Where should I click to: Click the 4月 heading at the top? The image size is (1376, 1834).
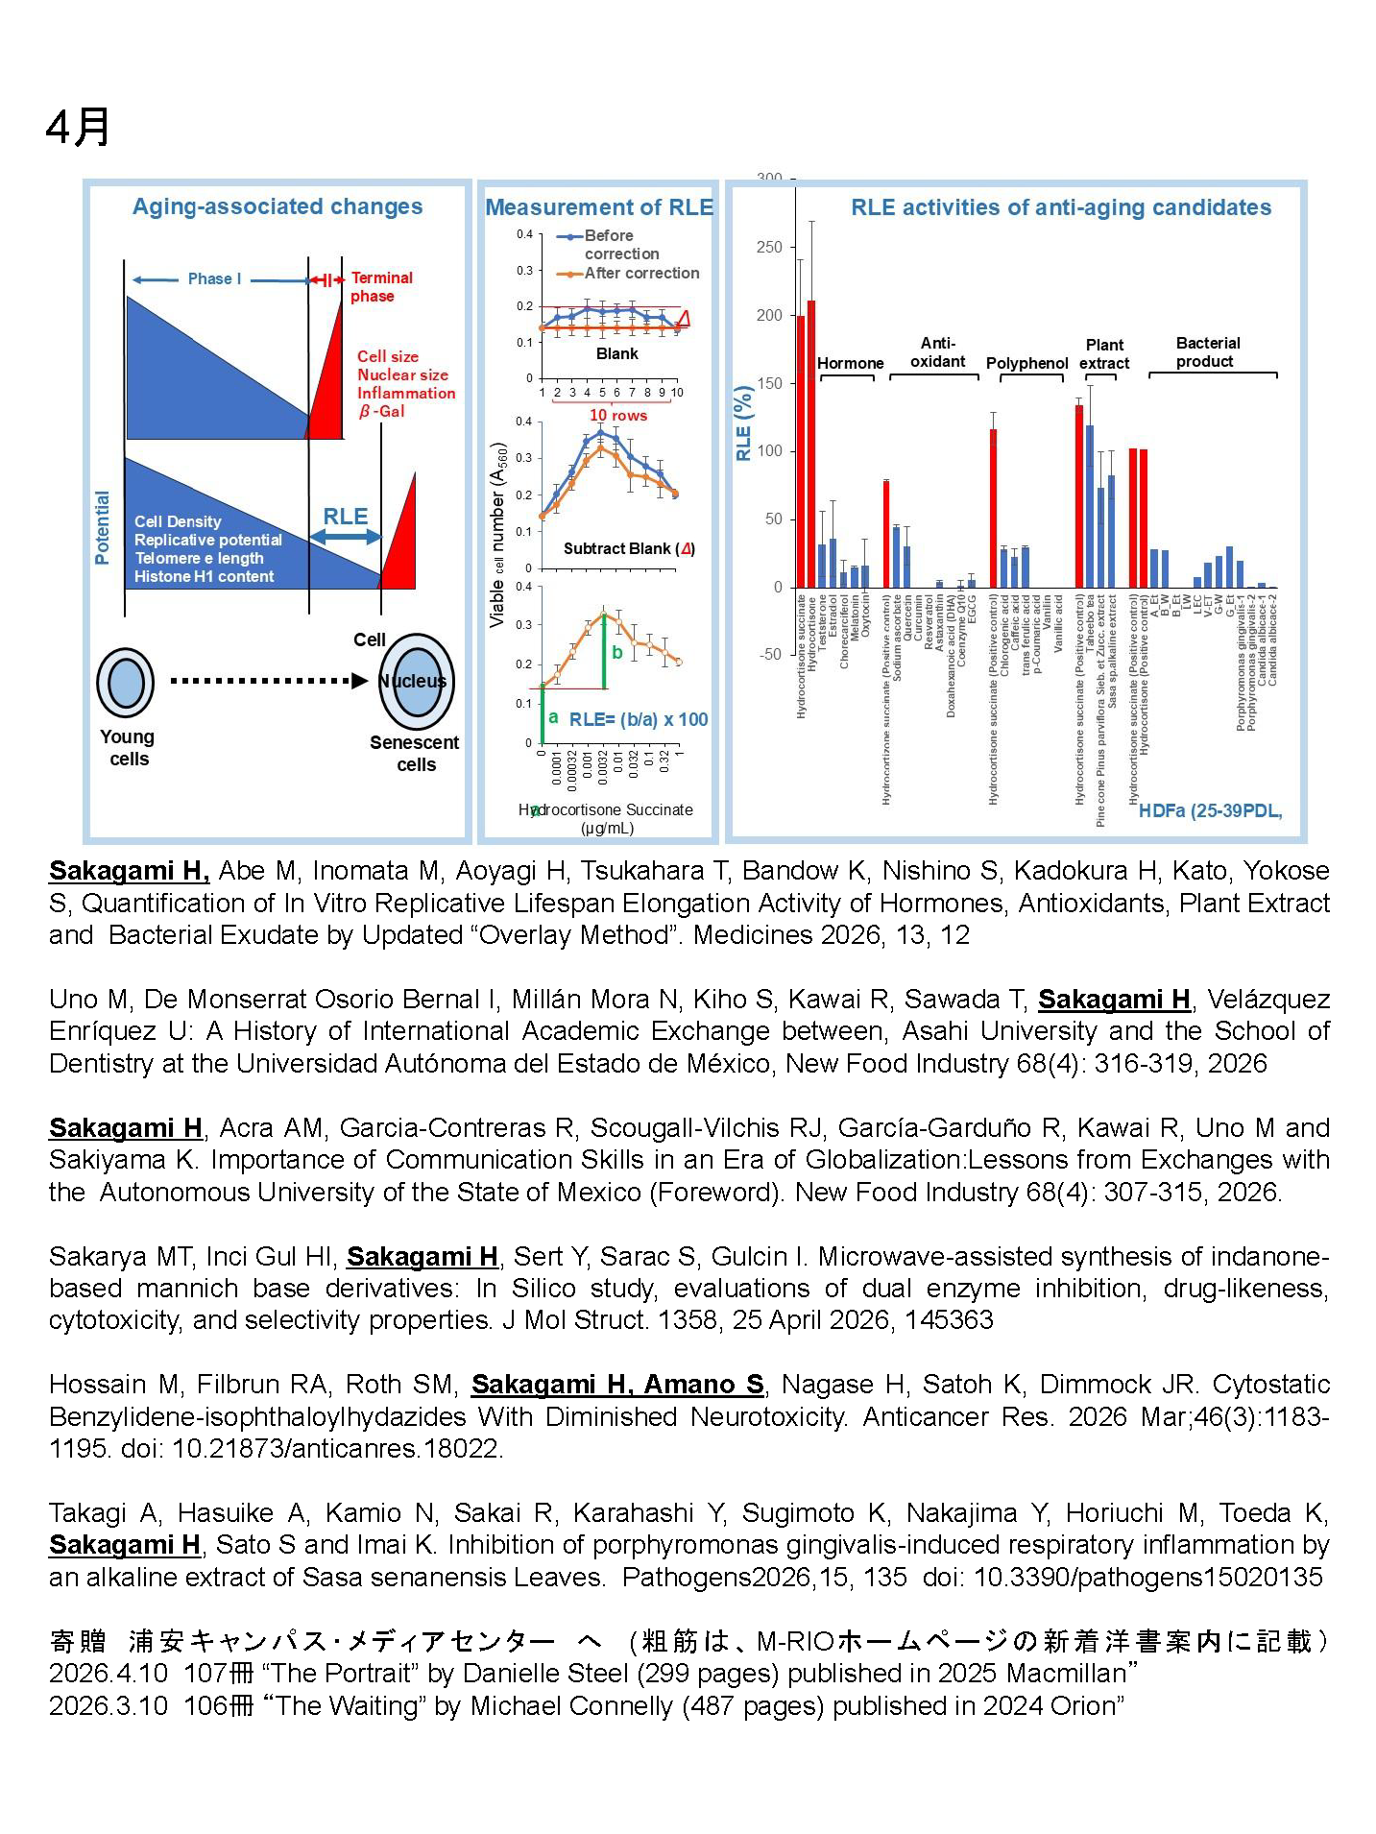78,127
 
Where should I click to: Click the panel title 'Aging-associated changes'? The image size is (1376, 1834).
277,206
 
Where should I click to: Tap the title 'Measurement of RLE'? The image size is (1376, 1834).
599,207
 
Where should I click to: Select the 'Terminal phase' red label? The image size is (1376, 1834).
380,286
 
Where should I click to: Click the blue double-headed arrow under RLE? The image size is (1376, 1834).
346,537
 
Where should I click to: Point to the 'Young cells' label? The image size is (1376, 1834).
128,747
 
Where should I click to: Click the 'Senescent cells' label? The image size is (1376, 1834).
415,753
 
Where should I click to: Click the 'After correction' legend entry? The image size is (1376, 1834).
640,273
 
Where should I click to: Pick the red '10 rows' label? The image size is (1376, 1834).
617,415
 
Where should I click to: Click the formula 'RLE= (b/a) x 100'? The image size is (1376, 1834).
638,719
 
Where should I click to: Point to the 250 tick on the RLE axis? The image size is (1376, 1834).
769,247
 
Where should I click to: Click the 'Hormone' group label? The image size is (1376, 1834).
850,363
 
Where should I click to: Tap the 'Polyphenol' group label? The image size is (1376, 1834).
1026,363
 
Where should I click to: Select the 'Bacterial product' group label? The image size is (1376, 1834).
1207,351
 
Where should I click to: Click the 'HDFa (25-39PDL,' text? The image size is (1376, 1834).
1209,810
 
